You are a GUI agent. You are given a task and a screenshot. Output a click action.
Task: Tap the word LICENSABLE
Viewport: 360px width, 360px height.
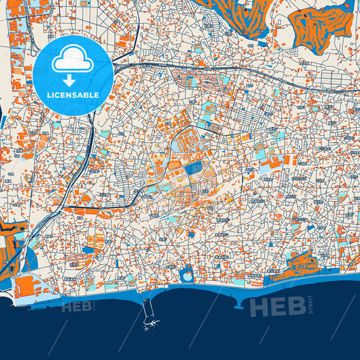[73, 95]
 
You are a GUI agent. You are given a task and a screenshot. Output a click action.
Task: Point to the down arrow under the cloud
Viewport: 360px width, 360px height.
[73, 76]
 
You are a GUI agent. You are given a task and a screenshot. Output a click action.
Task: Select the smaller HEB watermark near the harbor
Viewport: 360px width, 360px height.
[76, 307]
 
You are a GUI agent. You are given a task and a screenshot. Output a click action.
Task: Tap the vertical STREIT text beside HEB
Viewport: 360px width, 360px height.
[311, 305]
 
